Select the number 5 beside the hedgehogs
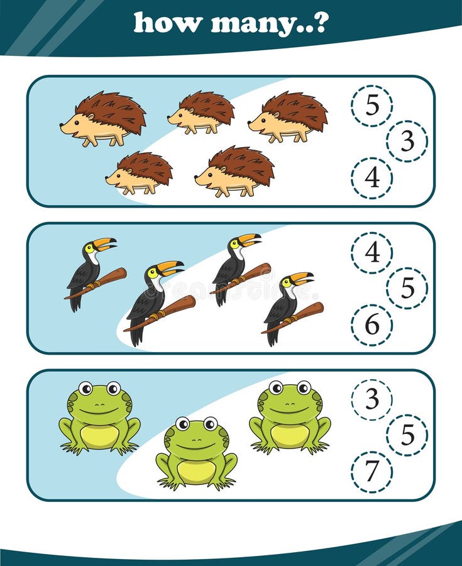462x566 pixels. pos(372,106)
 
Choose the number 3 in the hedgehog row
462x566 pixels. pos(407,141)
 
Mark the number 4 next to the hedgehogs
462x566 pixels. pos(372,178)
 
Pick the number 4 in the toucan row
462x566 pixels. pos(372,252)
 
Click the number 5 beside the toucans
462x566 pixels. pos(407,288)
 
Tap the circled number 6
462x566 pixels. pos(372,325)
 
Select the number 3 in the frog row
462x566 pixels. pos(372,399)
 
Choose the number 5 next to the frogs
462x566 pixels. pos(407,435)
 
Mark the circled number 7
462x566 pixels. pos(372,471)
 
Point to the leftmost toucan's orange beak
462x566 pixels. pos(104,243)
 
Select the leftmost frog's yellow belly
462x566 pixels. pos(100,435)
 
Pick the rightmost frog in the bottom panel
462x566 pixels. pos(290,417)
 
